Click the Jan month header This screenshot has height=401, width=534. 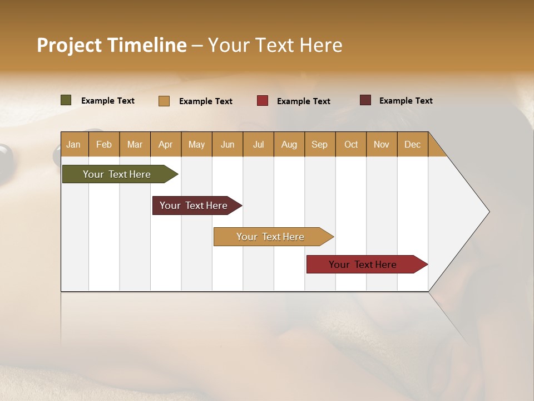73,144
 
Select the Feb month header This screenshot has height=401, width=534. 104,144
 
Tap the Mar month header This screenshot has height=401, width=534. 135,144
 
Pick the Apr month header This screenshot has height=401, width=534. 166,144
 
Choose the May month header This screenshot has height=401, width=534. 196,144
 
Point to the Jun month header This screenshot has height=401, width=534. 228,144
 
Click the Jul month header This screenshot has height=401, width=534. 258,144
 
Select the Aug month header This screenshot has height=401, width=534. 289,144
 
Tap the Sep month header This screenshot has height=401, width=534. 320,144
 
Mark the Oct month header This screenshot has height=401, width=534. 351,144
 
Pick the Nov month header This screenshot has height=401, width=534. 382,144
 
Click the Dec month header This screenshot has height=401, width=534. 412,144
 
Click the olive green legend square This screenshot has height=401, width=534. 66,100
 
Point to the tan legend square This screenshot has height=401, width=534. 164,101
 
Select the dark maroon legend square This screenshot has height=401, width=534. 365,100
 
